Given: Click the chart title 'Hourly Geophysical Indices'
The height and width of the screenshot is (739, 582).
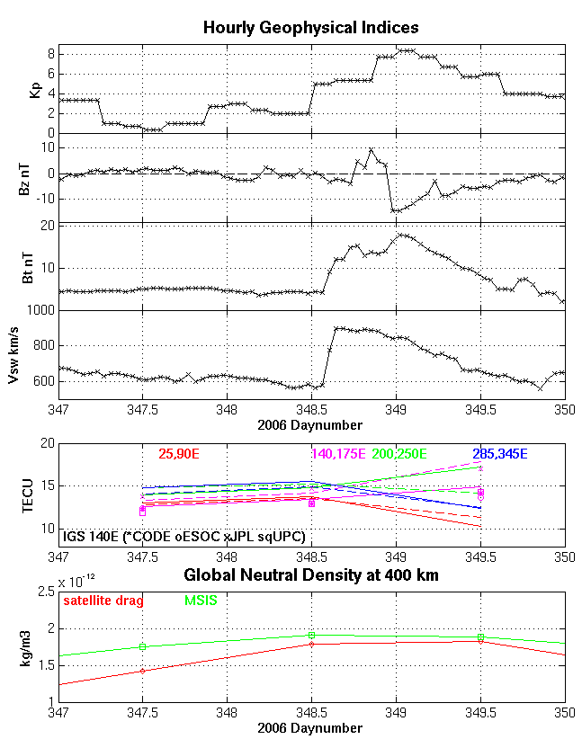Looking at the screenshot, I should pyautogui.click(x=310, y=28).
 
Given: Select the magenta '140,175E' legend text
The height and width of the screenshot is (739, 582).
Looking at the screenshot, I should pyautogui.click(x=338, y=452).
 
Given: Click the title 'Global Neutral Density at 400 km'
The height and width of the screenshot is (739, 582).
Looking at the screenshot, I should pyautogui.click(x=310, y=575).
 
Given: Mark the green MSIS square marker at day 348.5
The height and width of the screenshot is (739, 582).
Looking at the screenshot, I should pyautogui.click(x=311, y=635).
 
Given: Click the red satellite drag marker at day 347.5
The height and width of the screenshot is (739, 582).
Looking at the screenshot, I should pyautogui.click(x=142, y=671).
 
